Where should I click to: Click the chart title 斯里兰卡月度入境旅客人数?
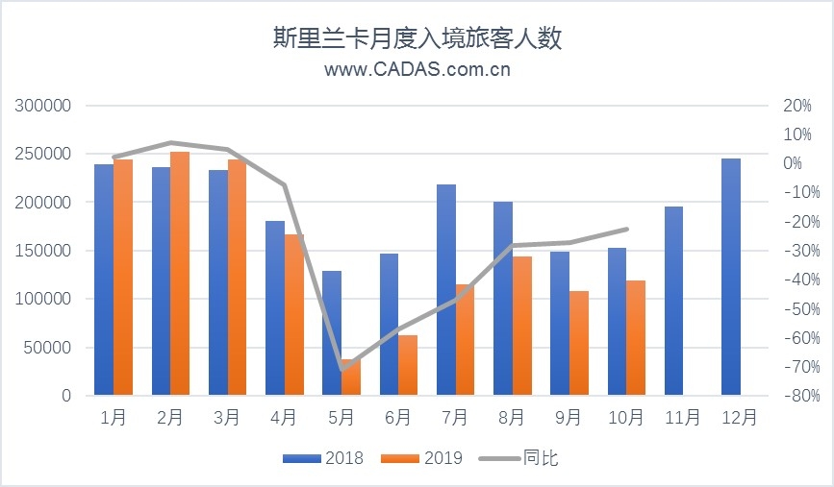(x=417, y=38)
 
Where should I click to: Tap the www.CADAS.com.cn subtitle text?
(x=417, y=69)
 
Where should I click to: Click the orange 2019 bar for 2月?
(x=180, y=274)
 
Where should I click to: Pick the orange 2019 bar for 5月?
(x=350, y=377)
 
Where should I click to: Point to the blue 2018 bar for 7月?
(x=446, y=290)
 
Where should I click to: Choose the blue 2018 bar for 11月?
(x=674, y=301)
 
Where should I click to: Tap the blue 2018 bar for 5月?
(x=332, y=333)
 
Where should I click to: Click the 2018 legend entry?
(x=323, y=458)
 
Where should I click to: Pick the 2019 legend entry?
(x=423, y=458)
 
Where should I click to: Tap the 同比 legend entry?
(x=520, y=458)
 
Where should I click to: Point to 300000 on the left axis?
(x=45, y=106)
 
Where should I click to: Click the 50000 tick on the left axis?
(x=49, y=347)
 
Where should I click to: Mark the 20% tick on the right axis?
(x=796, y=106)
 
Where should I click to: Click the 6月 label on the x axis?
(x=397, y=418)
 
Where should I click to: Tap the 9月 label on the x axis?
(x=569, y=418)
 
